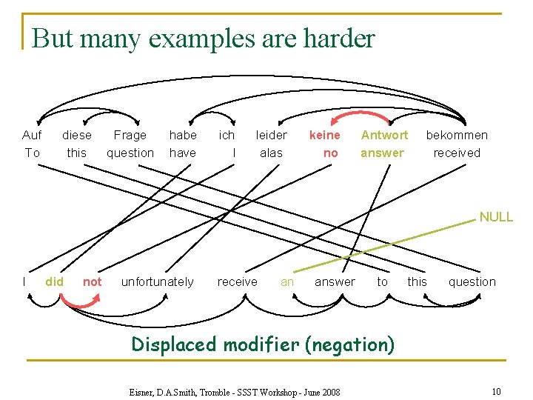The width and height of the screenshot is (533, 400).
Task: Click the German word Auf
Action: coord(32,135)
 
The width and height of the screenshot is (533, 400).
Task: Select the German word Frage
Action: coord(130,135)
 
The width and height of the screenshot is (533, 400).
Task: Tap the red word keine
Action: coord(324,135)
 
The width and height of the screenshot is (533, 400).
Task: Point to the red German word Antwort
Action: coord(384,135)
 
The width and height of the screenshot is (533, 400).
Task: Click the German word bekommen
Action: coord(456,135)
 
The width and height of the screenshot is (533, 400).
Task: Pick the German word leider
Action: coord(271,135)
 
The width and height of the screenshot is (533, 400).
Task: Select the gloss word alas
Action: coord(271,153)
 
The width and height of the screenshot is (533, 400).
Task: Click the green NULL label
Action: coord(495,217)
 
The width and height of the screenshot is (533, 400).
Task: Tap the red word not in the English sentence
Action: coord(93,281)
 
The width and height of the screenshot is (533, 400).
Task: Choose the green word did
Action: coord(54,281)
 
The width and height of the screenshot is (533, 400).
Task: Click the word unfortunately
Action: coord(157,281)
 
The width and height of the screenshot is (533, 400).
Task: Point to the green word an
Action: coord(287,281)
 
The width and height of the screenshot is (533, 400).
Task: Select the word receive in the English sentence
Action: coord(237,281)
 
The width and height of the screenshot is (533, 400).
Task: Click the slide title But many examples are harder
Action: coord(204,39)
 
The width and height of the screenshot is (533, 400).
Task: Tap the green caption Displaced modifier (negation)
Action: coord(262,344)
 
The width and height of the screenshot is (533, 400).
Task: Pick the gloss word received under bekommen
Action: coord(456,153)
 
